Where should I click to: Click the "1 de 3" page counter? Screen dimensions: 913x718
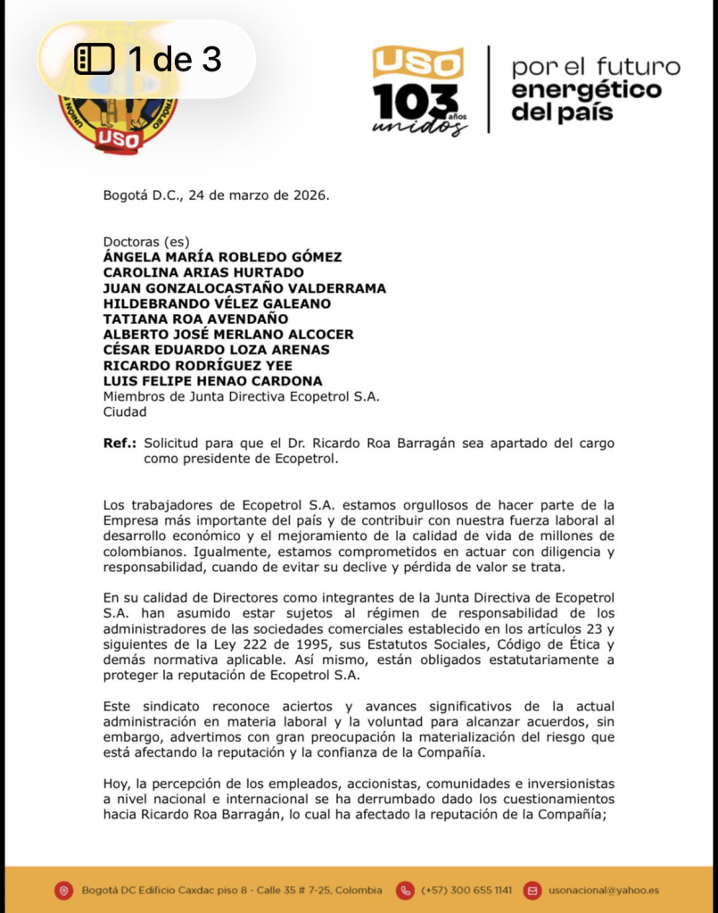click(x=148, y=60)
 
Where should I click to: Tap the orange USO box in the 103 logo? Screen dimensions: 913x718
click(x=417, y=63)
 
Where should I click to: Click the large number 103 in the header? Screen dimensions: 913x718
click(x=417, y=100)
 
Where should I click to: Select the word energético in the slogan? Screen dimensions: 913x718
click(x=586, y=90)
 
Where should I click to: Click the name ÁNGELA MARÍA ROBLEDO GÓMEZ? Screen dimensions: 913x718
click(x=222, y=257)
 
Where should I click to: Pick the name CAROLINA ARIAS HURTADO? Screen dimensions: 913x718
click(x=203, y=272)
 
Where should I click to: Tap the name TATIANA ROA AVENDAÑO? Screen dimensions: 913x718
click(x=197, y=319)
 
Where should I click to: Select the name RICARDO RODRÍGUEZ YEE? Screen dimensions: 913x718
click(x=197, y=365)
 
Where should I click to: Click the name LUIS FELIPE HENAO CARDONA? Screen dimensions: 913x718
click(x=213, y=381)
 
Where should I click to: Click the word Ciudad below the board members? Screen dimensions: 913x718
click(x=125, y=412)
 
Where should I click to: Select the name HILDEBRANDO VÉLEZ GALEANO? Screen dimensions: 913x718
click(x=217, y=303)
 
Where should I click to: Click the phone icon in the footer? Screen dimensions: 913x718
click(x=405, y=890)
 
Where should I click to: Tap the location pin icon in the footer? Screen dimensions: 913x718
click(x=62, y=890)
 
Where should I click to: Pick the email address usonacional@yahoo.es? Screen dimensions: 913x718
click(x=603, y=890)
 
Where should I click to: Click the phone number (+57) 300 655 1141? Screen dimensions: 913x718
click(x=466, y=890)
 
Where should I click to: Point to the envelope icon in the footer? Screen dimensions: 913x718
click(x=532, y=890)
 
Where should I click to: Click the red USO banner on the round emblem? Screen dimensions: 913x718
click(x=118, y=138)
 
